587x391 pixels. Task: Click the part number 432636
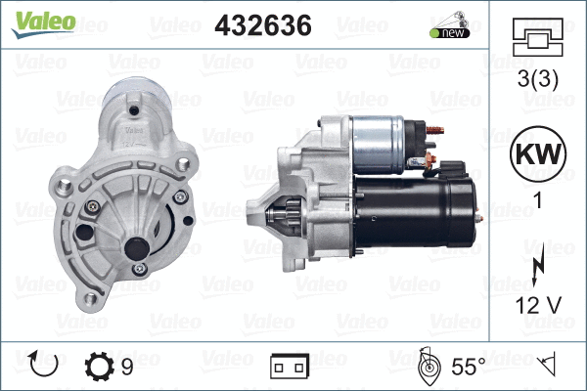coord(262,26)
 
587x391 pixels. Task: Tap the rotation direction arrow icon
coord(45,367)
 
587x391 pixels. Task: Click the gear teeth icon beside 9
coord(100,367)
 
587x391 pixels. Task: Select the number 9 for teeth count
coord(127,368)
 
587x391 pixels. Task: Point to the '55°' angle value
coord(469,368)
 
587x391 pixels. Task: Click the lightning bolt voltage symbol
coord(537,269)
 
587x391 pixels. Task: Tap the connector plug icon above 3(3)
coord(538,39)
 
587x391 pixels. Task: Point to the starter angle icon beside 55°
coord(427,367)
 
